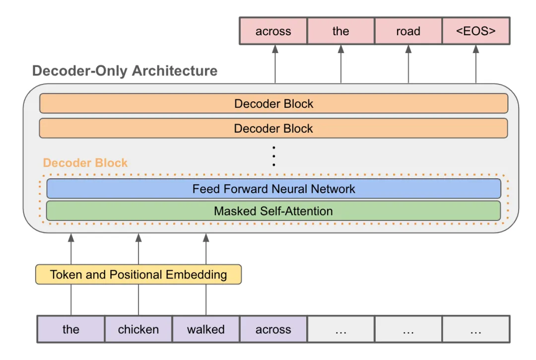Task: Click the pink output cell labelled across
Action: (x=273, y=31)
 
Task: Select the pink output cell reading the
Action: (x=341, y=31)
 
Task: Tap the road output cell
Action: (x=408, y=31)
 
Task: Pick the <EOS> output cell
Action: (x=476, y=31)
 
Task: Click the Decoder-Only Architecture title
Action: (x=125, y=71)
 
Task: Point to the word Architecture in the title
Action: (x=175, y=71)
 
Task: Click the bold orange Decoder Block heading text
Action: (x=85, y=163)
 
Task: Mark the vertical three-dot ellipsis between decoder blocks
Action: (x=274, y=156)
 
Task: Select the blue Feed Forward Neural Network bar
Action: (x=274, y=189)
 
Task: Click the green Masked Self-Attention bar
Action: (x=273, y=211)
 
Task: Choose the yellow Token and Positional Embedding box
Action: (x=138, y=274)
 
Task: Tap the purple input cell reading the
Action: (x=71, y=329)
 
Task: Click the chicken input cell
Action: (x=138, y=329)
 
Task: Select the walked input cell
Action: (x=206, y=329)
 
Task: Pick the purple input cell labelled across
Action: (x=273, y=329)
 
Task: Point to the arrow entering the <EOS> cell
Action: (x=476, y=64)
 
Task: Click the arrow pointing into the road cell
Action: (x=408, y=64)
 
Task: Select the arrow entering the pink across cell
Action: (x=275, y=64)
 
